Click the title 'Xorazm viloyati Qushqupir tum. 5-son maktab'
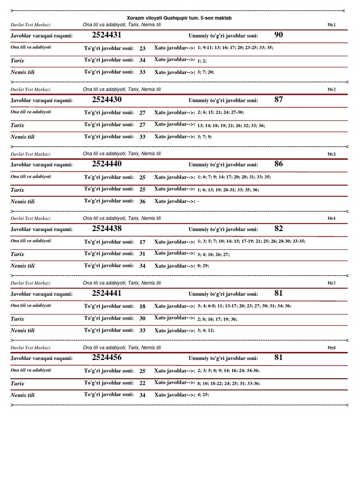point(180,17)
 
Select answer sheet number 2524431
point(107,35)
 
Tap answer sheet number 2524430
point(107,99)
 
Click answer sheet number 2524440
point(107,164)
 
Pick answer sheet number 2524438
point(107,229)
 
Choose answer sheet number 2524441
point(107,293)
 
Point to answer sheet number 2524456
point(107,358)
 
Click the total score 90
point(278,35)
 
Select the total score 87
point(278,99)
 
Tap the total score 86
point(278,164)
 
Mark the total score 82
point(278,229)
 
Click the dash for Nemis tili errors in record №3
point(199,202)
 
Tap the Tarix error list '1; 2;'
point(202,61)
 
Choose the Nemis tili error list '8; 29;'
point(203,266)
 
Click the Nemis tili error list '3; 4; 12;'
point(205,330)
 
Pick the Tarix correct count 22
point(142,383)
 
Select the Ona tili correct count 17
point(142,242)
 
